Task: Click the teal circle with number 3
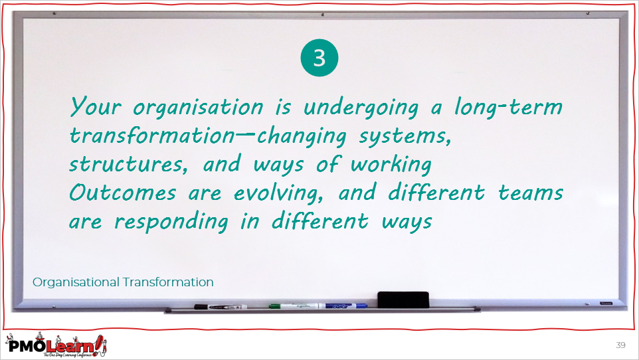[319, 58]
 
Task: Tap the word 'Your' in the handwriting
[96, 106]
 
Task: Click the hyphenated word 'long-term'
[509, 107]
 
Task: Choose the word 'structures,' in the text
[128, 164]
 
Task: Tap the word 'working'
[391, 164]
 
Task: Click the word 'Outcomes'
[123, 193]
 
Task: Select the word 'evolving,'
[279, 193]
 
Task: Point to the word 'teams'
[531, 193]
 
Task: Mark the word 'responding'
[171, 222]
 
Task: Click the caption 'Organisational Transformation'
[123, 282]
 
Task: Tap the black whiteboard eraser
[403, 300]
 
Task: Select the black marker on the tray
[221, 307]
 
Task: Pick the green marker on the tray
[294, 306]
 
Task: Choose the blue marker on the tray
[343, 306]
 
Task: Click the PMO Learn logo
[56, 345]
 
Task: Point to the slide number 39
[620, 345]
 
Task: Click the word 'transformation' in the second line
[152, 135]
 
